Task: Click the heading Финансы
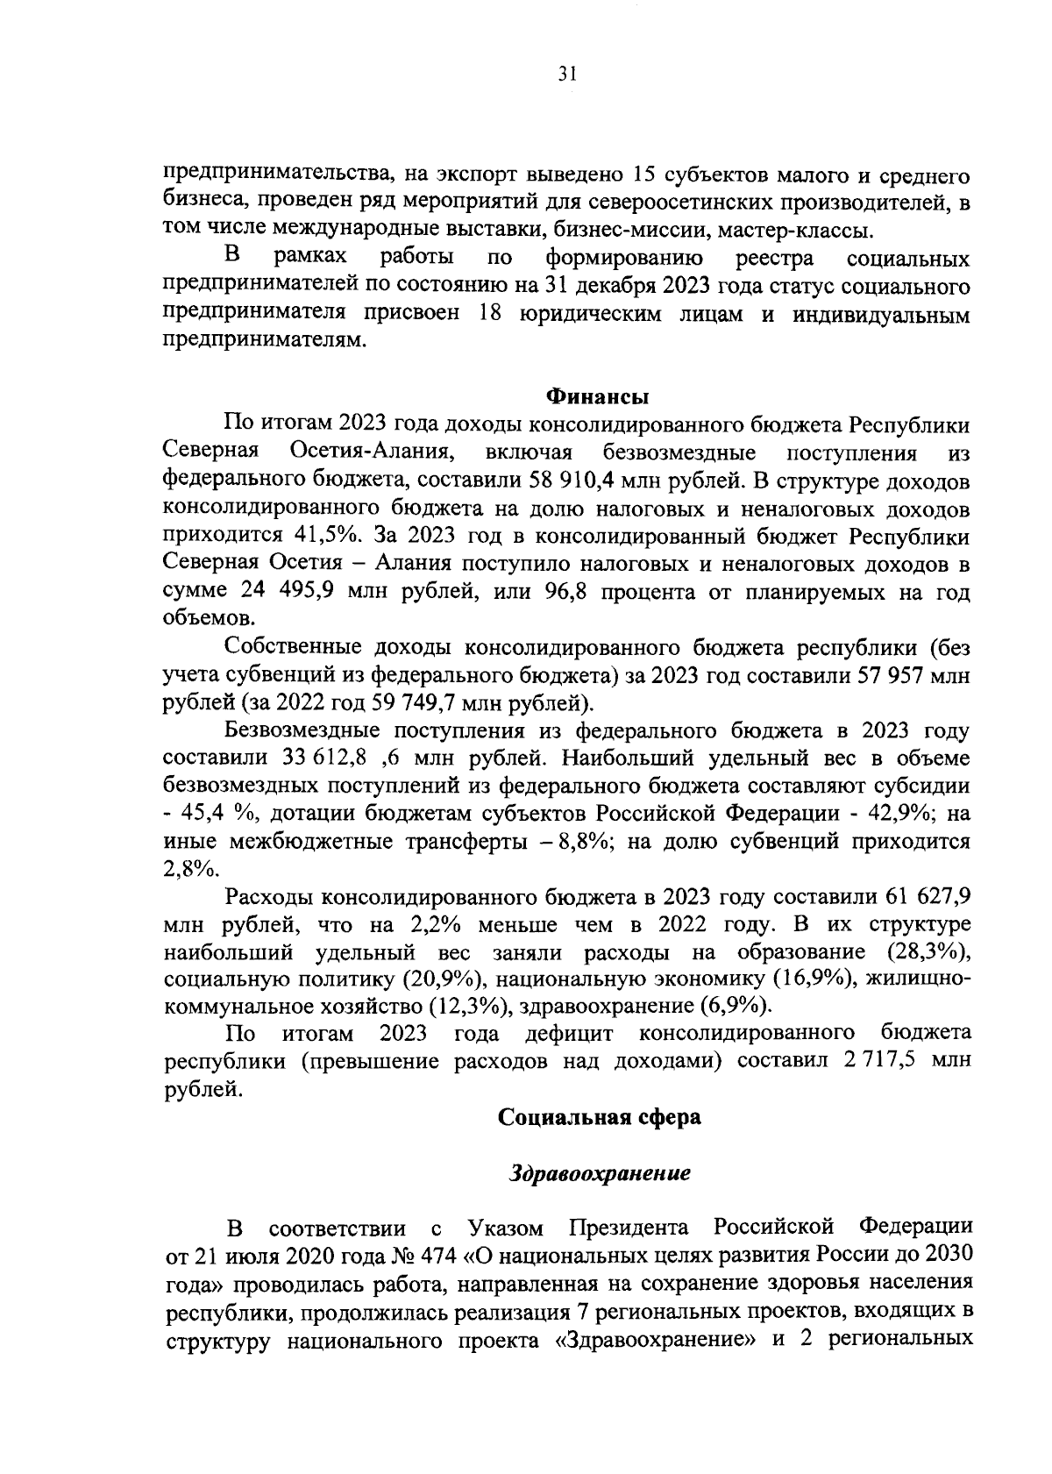[598, 396]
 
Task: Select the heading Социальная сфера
[600, 1117]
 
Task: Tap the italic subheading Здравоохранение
[601, 1173]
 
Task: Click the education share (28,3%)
[928, 951]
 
